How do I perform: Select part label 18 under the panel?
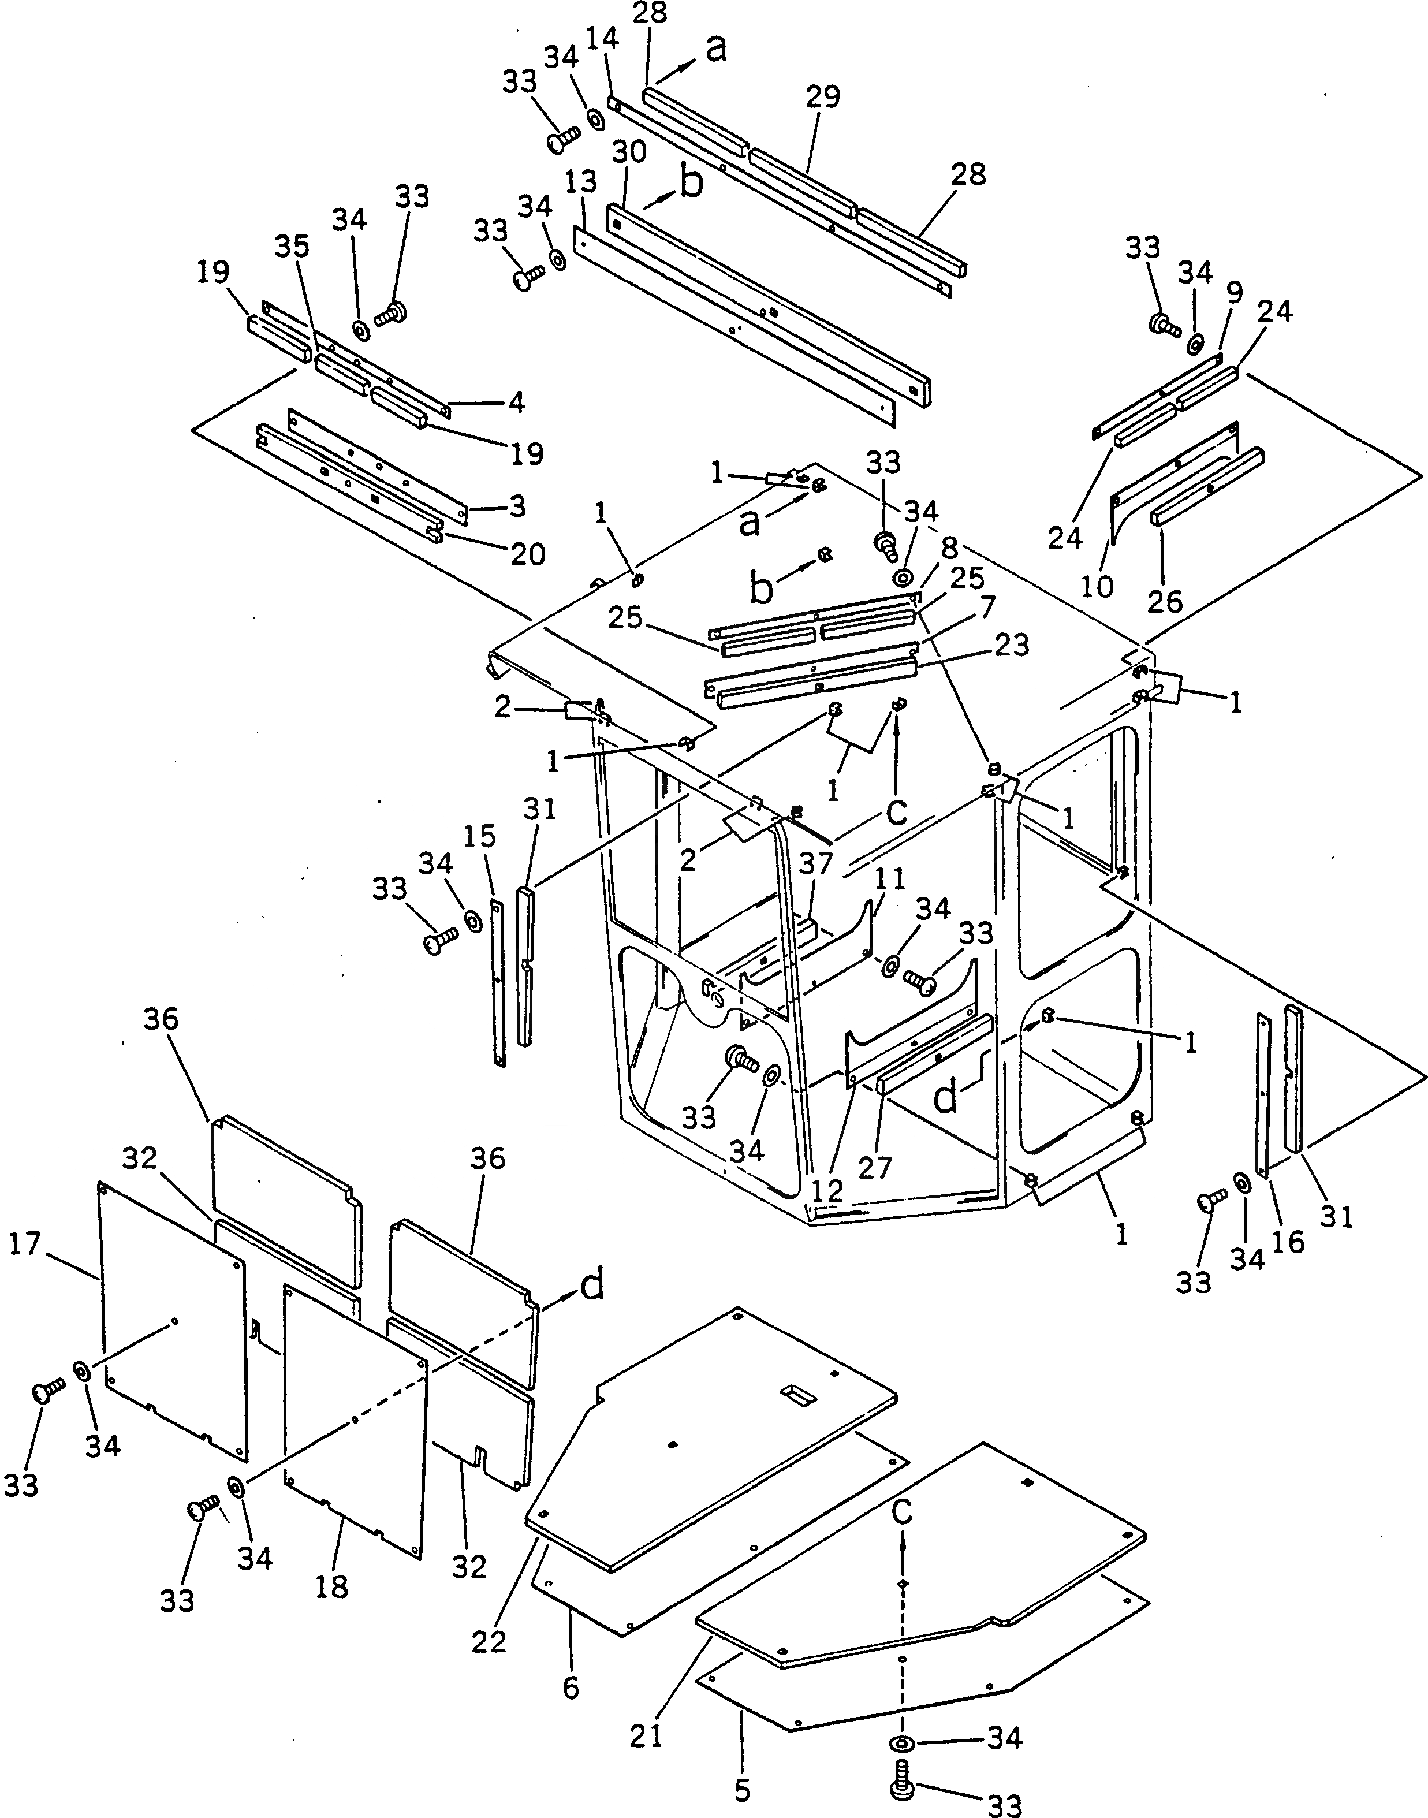tap(332, 1586)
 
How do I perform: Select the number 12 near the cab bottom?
tap(827, 1191)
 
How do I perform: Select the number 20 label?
tap(528, 554)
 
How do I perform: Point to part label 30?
tap(629, 152)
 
